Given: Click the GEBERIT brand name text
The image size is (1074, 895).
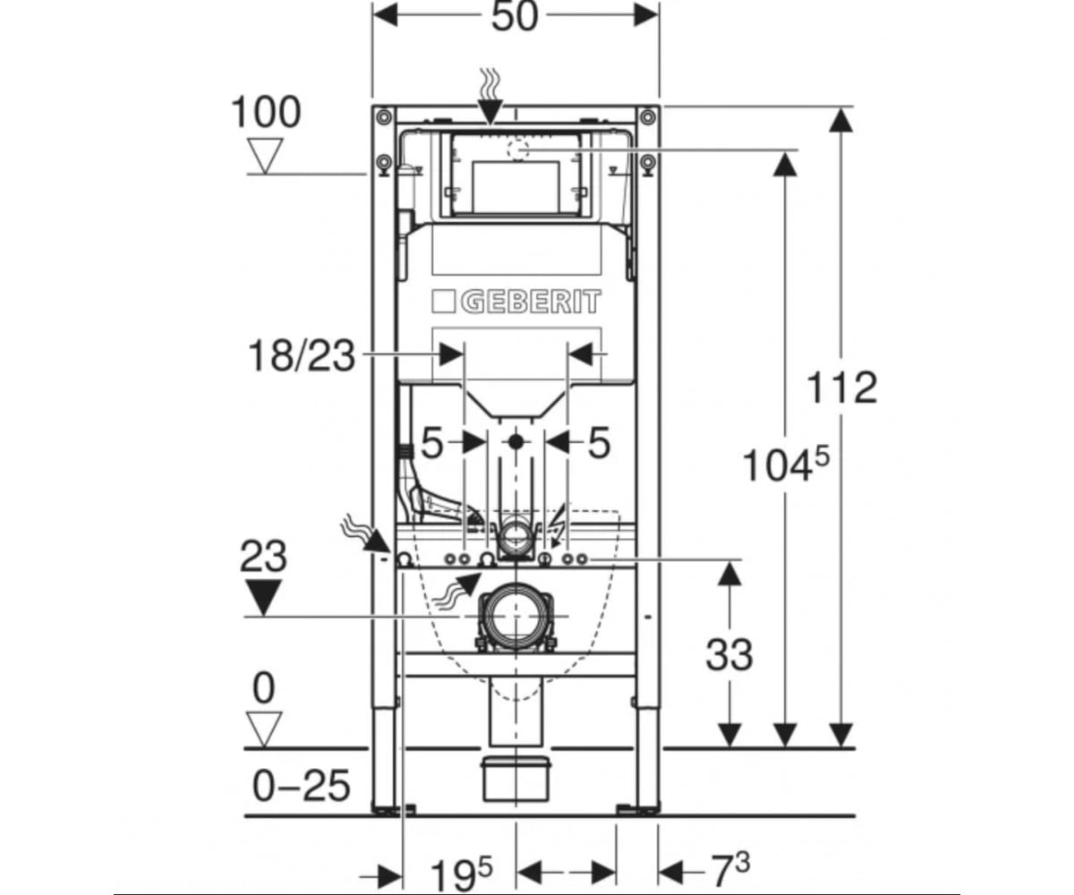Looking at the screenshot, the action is click(531, 302).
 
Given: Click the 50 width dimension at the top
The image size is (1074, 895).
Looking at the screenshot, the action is click(515, 17).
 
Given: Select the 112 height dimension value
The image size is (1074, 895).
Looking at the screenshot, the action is click(842, 388).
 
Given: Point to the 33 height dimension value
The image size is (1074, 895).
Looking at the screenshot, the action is click(729, 655).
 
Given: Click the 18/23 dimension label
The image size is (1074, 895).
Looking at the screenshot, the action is click(302, 356).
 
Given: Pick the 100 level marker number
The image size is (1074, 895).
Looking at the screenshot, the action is click(266, 112).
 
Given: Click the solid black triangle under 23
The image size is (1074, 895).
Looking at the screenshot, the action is click(263, 596).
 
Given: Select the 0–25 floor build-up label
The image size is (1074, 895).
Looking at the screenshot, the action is click(302, 787).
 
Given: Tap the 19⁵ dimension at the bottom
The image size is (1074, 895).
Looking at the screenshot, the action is click(460, 874).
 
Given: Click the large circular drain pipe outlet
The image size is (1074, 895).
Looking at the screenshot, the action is click(516, 617).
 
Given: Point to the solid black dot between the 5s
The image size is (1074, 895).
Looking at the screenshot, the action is click(516, 441).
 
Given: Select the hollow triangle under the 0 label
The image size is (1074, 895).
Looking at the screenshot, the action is click(264, 729).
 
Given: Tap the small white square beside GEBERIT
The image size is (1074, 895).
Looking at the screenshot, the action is click(443, 302).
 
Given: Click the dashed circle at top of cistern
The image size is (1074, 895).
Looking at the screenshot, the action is click(517, 150).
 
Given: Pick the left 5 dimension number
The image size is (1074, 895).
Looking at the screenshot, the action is click(431, 443).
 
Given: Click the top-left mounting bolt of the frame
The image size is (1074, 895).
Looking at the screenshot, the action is click(383, 117).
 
